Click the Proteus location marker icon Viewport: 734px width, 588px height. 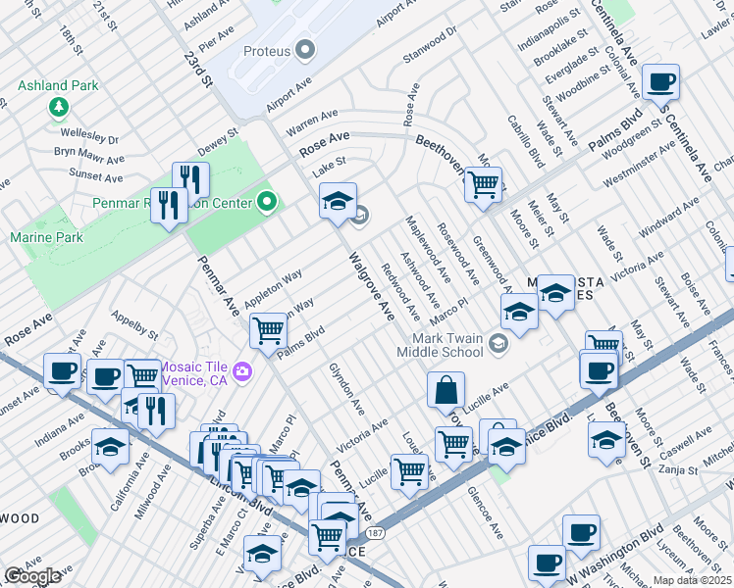tap(305, 48)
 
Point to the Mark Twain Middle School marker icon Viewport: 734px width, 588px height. tap(499, 342)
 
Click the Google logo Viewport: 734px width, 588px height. tap(32, 576)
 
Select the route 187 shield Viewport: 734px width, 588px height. tap(377, 534)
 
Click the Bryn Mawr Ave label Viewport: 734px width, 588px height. tap(88, 157)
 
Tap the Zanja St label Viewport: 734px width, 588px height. tap(678, 470)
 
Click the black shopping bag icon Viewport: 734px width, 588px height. tap(446, 389)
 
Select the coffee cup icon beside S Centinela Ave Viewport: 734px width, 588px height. tap(660, 80)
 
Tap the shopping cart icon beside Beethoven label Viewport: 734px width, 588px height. tap(482, 183)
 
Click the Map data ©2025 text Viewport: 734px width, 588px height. tap(693, 580)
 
